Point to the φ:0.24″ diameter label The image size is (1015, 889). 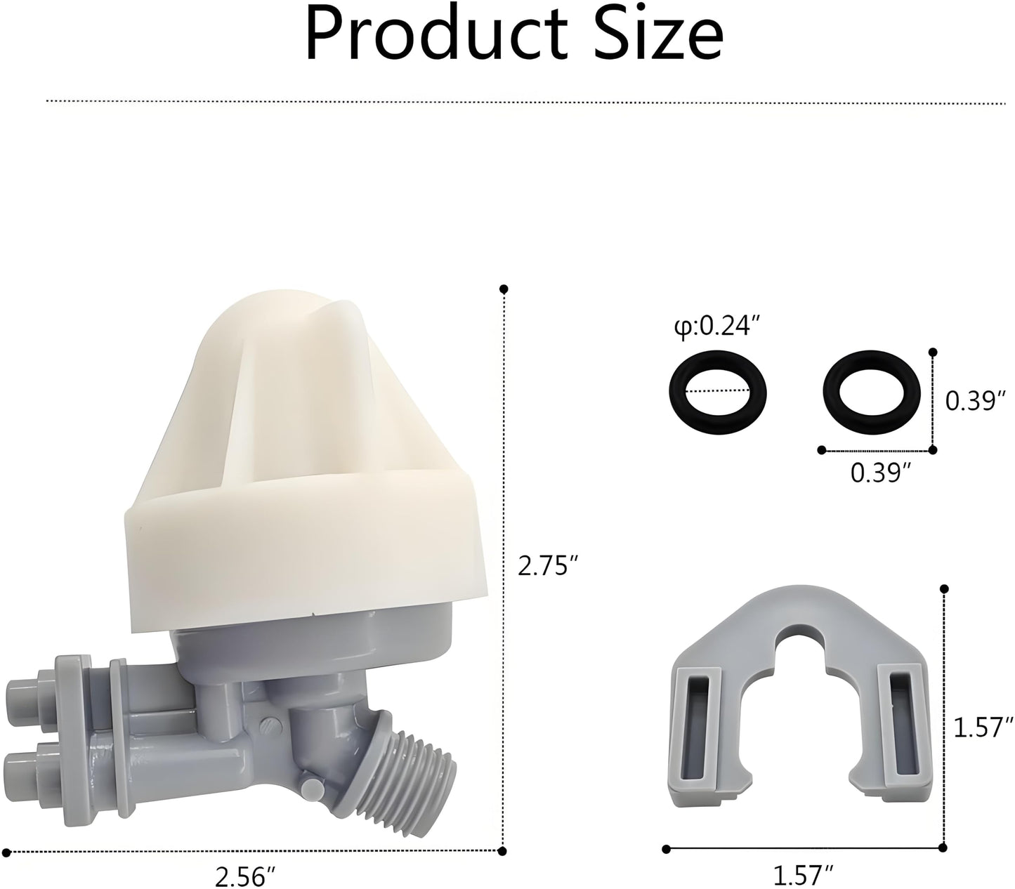tap(716, 327)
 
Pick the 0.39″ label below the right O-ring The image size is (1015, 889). tap(875, 473)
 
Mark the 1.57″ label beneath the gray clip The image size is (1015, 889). tap(803, 874)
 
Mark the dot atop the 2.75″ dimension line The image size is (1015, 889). tap(503, 289)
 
